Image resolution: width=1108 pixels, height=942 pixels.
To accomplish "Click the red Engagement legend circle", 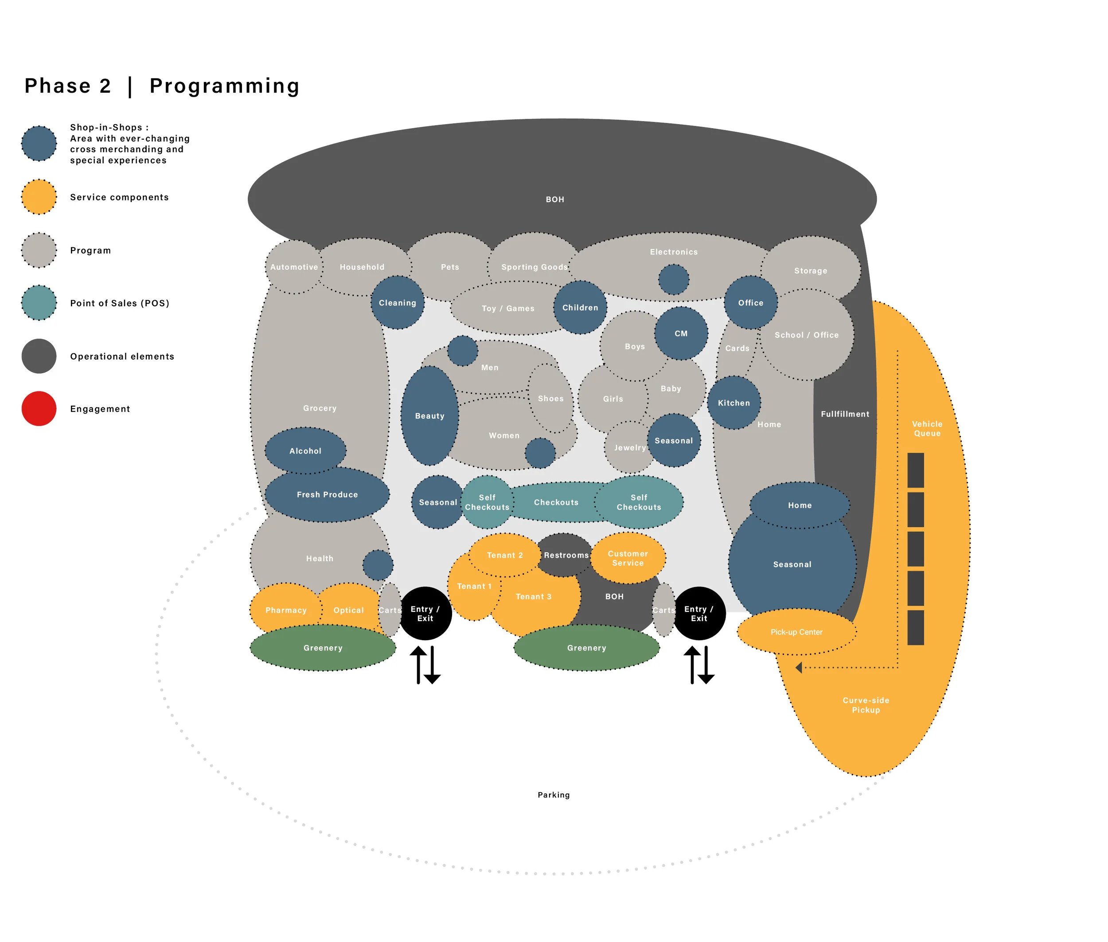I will coord(39,409).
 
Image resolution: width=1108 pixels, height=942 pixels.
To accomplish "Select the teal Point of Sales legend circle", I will coord(39,303).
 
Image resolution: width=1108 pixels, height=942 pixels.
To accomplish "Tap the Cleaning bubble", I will coord(397,303).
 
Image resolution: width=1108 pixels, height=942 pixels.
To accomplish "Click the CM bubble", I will coord(681,333).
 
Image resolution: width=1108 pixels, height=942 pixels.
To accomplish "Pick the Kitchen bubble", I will coord(733,403).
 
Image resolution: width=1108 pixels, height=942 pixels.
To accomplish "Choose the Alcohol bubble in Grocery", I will coord(305,451).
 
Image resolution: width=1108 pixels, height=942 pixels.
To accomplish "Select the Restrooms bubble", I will coord(565,555).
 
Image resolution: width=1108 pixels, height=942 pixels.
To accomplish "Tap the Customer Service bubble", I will coord(628,558).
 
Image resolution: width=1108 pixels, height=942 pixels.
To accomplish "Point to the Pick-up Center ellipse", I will coord(796,632).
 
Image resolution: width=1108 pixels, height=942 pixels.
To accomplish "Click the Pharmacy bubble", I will coord(286,610).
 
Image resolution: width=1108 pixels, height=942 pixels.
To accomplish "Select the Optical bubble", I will coord(348,610).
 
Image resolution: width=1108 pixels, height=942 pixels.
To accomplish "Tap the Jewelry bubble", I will coord(629,447).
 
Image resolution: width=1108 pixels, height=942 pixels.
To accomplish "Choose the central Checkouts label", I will coord(556,502).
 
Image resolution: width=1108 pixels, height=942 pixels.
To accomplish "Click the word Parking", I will coord(554,795).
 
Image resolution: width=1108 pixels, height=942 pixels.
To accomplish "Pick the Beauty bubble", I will coord(429,415).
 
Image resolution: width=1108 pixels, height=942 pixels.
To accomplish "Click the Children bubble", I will coord(580,308).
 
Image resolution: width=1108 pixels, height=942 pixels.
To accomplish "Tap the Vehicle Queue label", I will coord(927,428).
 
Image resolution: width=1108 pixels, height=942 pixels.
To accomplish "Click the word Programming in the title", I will coord(224,86).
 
